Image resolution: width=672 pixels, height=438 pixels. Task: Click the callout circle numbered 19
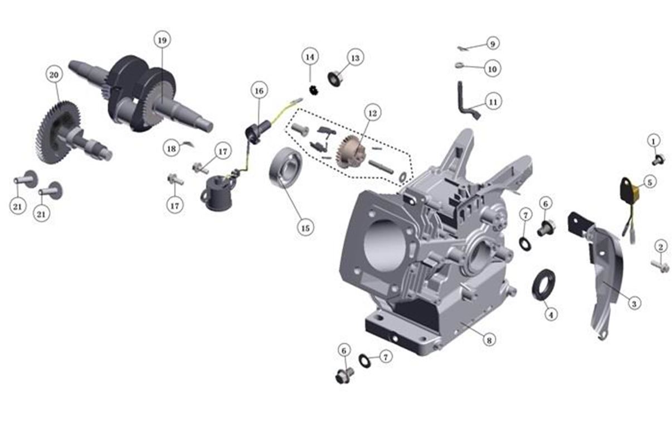coord(162,40)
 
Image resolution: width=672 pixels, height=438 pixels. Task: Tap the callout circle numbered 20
coord(54,75)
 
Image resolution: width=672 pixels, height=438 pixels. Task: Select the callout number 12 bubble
coord(373,113)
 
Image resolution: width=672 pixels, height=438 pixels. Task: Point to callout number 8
coord(489,340)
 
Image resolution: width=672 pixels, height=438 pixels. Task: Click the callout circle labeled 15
coord(305,228)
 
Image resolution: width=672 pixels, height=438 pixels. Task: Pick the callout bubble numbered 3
coord(634,304)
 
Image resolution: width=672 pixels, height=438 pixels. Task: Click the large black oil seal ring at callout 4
coord(543,285)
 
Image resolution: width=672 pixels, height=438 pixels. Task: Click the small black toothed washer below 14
coord(314,90)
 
